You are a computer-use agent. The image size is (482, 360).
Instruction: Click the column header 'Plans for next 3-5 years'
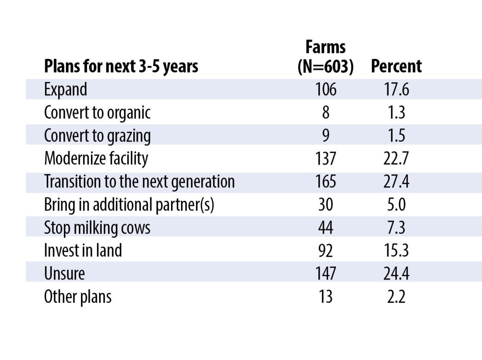click(121, 67)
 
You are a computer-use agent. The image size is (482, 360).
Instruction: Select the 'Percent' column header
click(396, 67)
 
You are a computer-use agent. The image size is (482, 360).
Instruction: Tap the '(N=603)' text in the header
click(325, 67)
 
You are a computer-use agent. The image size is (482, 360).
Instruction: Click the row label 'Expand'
click(66, 90)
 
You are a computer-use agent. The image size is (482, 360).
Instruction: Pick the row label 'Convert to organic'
click(97, 113)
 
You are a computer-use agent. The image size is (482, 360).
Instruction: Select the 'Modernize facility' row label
click(96, 158)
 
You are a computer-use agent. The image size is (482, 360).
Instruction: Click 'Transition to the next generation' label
click(139, 182)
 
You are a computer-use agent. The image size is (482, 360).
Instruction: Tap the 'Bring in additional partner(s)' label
click(129, 205)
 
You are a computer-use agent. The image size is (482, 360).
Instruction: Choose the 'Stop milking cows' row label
click(97, 228)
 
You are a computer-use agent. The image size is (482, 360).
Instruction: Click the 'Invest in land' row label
click(83, 251)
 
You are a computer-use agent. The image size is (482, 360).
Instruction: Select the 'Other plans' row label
click(78, 297)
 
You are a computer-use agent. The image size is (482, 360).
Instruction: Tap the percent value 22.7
click(396, 159)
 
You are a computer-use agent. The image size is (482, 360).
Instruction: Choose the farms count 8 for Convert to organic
click(325, 113)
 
